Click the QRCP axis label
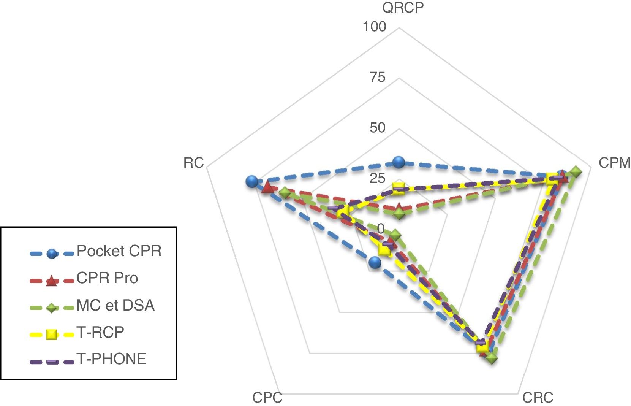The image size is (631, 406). [403, 8]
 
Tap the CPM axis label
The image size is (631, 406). [614, 163]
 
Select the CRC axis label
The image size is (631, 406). [538, 398]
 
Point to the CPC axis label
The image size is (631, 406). [267, 398]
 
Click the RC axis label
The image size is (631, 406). [194, 163]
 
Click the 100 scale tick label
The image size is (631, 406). [374, 27]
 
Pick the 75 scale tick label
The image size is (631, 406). [378, 77]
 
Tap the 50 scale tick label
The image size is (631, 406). [378, 128]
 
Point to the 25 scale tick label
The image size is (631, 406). [378, 178]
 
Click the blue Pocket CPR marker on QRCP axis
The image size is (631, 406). [399, 162]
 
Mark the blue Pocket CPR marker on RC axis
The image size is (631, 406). [251, 181]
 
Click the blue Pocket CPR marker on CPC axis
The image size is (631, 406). [375, 262]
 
